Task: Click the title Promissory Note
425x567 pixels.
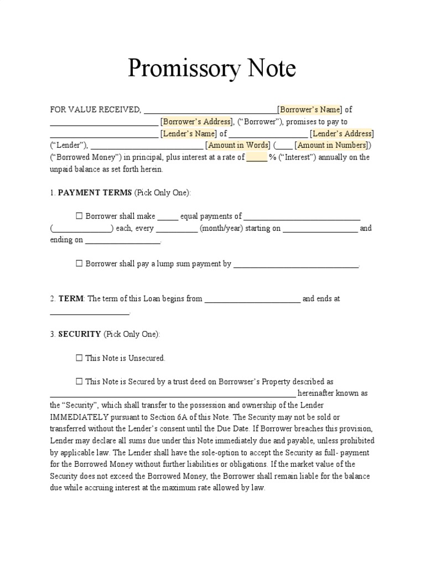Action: (x=212, y=68)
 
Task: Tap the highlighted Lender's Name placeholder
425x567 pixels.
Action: (x=189, y=133)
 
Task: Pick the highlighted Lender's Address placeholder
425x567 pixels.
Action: (x=341, y=133)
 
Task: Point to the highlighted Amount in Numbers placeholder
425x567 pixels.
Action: (x=330, y=145)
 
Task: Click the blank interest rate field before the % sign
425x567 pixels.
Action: (x=256, y=157)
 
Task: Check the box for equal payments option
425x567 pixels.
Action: (x=79, y=217)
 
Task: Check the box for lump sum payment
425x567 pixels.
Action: (x=79, y=264)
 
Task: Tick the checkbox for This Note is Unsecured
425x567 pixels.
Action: (x=79, y=358)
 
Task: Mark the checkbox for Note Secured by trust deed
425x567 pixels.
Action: (x=79, y=382)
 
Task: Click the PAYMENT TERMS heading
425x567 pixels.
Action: (x=95, y=193)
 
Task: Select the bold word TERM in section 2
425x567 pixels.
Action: (x=70, y=298)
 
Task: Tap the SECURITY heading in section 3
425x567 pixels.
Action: (x=79, y=334)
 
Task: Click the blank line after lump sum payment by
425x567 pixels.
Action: (x=296, y=265)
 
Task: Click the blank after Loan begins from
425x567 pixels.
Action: (x=252, y=299)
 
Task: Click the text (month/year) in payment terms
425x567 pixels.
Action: (x=221, y=229)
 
